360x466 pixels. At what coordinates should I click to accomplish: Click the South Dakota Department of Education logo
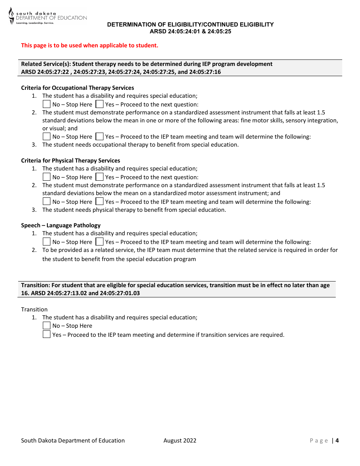[47, 16]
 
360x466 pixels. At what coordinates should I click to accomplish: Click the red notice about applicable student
[89, 45]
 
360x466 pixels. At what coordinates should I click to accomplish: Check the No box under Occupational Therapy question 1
[47, 104]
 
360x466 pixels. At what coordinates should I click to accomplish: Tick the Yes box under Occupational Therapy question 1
[99, 104]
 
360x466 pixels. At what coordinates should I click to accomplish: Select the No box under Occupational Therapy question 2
[47, 136]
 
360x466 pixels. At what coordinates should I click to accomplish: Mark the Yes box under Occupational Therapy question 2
[99, 136]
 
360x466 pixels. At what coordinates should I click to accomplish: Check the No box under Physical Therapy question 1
[47, 177]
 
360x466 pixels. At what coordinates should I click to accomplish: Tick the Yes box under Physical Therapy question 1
[99, 177]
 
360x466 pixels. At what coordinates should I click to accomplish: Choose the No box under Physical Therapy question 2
[47, 202]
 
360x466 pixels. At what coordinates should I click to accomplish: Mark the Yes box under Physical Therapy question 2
[99, 202]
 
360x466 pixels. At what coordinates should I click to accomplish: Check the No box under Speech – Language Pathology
[47, 242]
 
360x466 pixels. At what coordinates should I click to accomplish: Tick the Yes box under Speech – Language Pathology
[99, 242]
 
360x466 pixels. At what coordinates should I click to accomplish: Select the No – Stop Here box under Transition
[47, 325]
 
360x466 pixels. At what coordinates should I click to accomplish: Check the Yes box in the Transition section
[47, 335]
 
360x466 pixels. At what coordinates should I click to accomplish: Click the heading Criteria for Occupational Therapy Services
[77, 88]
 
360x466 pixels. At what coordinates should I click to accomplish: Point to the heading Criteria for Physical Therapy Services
[70, 161]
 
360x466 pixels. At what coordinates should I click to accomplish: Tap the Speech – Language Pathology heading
[61, 225]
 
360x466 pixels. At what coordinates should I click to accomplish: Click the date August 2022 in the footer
[180, 440]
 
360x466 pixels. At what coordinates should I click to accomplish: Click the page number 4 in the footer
[337, 440]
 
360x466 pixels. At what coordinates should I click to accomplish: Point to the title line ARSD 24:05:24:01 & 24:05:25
[190, 31]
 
